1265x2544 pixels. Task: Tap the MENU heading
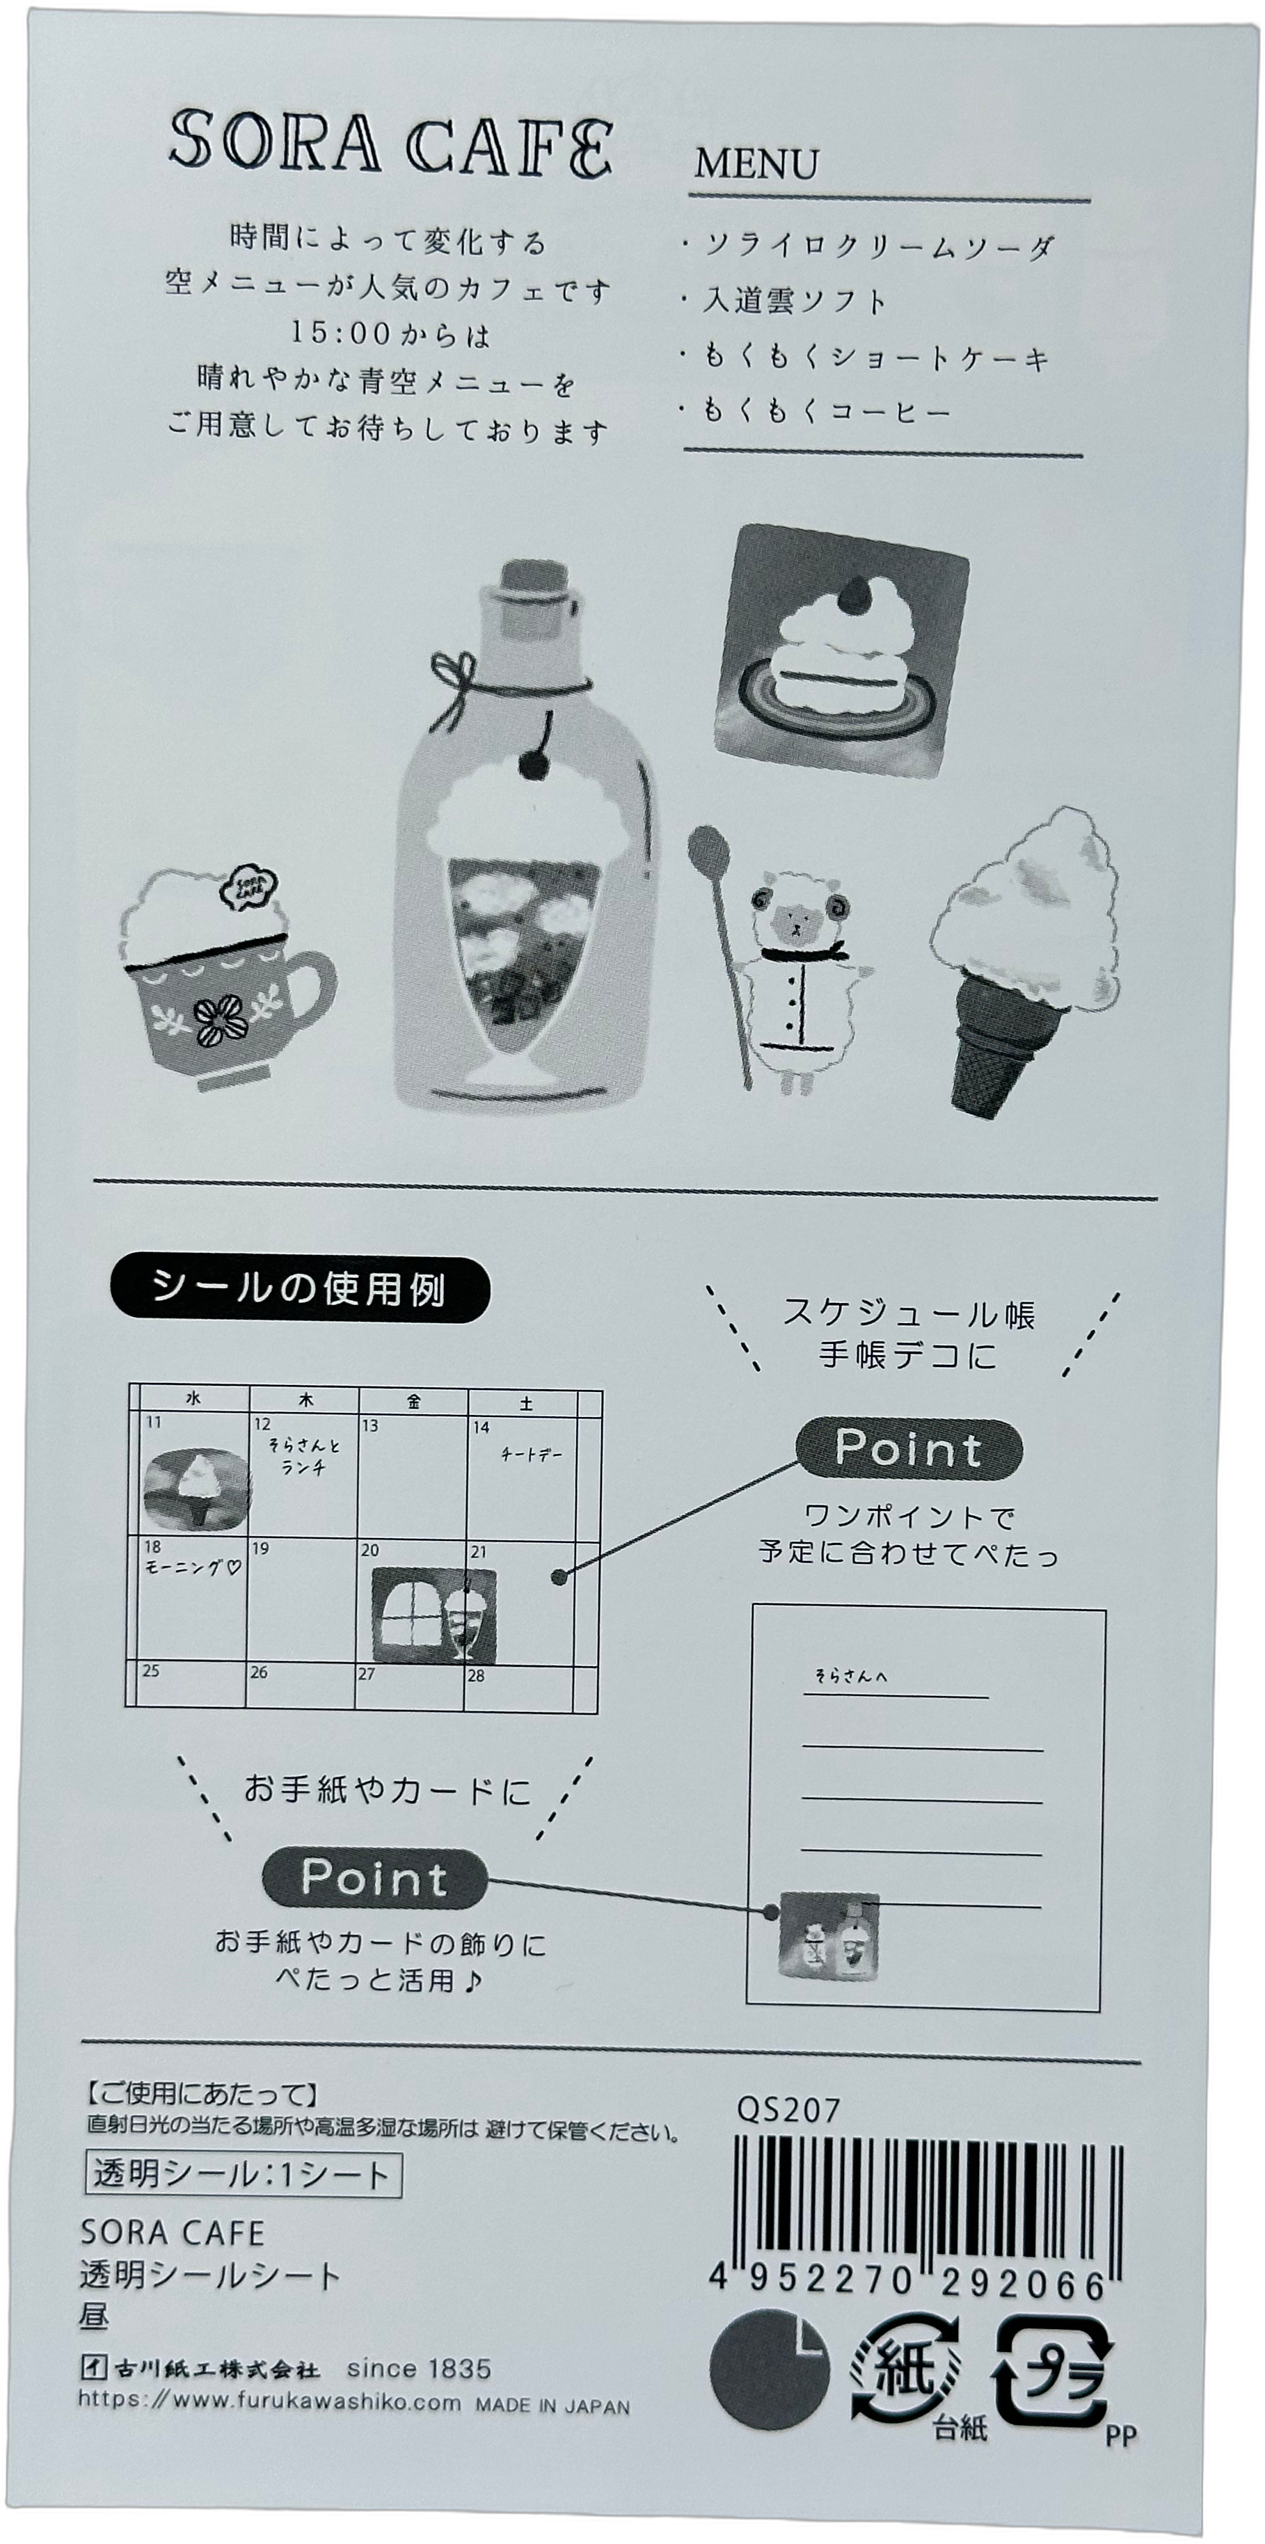tap(756, 164)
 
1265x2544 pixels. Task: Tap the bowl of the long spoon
tap(707, 850)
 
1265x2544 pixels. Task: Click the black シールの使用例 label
tap(300, 1289)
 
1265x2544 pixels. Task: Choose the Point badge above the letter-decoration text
tap(374, 1878)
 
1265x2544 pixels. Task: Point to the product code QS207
tap(787, 2111)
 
